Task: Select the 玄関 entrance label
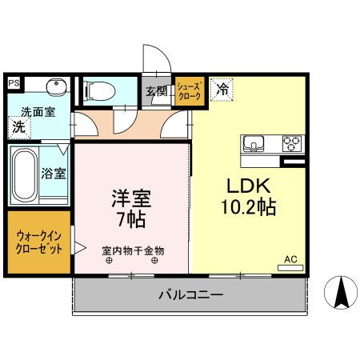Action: point(157,90)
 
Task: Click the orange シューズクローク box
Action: point(189,90)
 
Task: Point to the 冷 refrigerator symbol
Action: point(222,90)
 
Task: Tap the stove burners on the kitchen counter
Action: point(292,145)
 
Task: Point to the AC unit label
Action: point(291,260)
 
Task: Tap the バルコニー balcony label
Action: point(190,294)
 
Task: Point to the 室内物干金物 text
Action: point(133,250)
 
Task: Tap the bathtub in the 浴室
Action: point(26,174)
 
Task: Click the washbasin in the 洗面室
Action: point(55,88)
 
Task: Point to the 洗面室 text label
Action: point(38,112)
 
